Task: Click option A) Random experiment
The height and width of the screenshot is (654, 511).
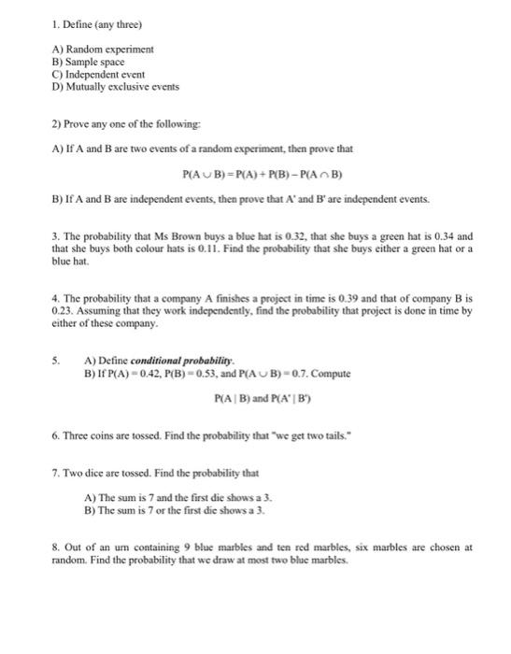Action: click(104, 48)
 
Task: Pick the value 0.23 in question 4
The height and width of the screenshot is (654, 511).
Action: click(64, 311)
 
